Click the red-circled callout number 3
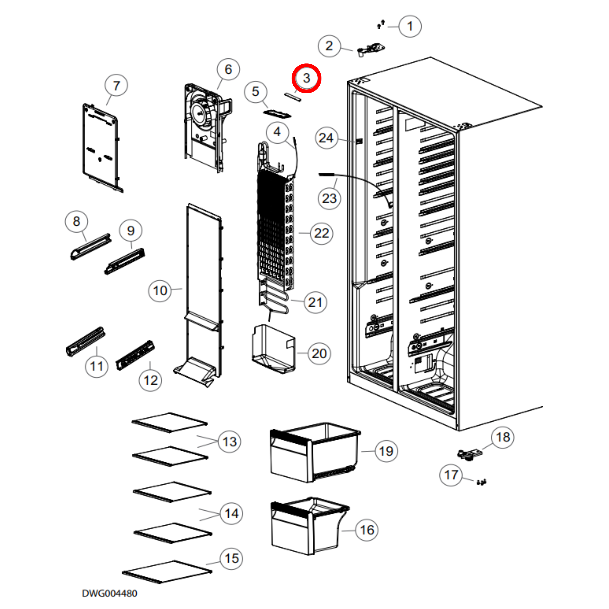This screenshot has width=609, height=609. (x=306, y=78)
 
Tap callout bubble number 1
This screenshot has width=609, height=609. (x=410, y=27)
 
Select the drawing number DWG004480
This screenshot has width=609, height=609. (x=109, y=593)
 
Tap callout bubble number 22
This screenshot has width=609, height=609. (x=321, y=233)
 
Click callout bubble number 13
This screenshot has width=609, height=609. (x=229, y=442)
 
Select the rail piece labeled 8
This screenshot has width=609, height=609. (x=91, y=247)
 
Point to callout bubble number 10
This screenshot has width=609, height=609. (x=160, y=291)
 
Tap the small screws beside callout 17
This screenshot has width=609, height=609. (x=481, y=482)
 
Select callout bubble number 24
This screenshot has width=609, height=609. (x=326, y=138)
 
